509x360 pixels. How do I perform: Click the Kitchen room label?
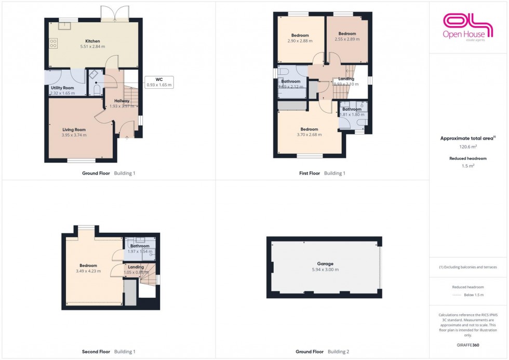tap(92, 41)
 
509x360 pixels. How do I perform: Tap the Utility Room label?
tap(62, 88)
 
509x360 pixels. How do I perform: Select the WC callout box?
tap(158, 82)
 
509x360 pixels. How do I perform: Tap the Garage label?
tap(325, 264)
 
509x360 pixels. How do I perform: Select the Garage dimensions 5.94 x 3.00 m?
tap(325, 270)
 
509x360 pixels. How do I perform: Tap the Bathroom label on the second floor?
tap(140, 246)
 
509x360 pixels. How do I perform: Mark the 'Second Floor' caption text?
tap(96, 352)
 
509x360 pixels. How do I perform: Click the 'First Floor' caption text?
tap(311, 173)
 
